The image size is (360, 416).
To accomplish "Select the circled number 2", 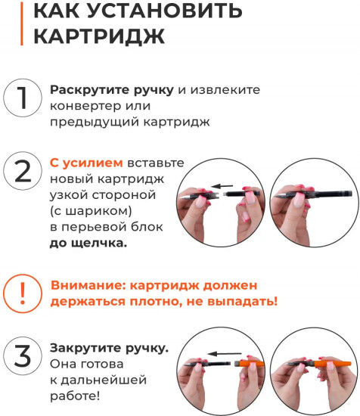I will [x=22, y=172].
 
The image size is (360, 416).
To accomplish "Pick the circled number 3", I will [x=22, y=355].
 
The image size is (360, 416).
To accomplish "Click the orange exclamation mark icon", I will [x=22, y=293].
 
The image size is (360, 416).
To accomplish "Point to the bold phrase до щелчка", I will [x=88, y=243].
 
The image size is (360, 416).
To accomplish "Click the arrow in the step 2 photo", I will [x=221, y=185].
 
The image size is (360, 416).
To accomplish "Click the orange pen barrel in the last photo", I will [x=336, y=370].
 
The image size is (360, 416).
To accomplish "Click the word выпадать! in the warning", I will [x=241, y=301].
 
